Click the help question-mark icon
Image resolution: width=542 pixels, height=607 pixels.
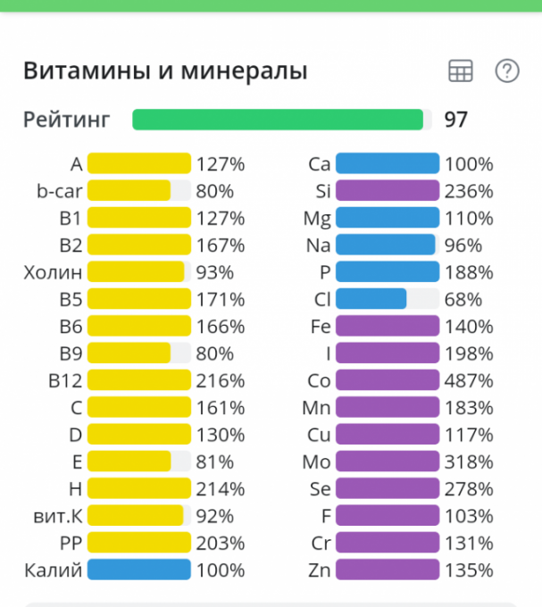coord(507,71)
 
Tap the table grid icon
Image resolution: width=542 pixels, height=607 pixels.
coord(461,71)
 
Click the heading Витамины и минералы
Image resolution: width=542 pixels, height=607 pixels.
coord(165,71)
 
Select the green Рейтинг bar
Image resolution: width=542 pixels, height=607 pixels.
coord(278,120)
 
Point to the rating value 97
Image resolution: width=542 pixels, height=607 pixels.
coord(455,120)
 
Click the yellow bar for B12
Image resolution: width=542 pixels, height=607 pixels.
coord(139,380)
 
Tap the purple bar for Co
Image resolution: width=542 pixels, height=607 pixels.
coord(388,380)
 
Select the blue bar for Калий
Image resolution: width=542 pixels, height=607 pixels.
coord(139,570)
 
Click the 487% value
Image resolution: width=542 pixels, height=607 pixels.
coord(469,380)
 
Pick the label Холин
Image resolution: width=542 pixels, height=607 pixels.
coord(53,272)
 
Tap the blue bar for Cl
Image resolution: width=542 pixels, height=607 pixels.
coord(371,299)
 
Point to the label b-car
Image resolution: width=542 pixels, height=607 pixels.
coord(54,191)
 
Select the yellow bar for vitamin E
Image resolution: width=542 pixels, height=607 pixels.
coord(129,461)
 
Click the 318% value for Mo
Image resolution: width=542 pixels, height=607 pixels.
coord(469,461)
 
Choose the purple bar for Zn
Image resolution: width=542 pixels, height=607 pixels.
coord(388,570)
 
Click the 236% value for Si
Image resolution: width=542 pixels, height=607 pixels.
coord(469,191)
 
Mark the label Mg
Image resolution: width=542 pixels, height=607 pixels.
coord(317,219)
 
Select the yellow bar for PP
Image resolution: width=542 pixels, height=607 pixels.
coord(139,543)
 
